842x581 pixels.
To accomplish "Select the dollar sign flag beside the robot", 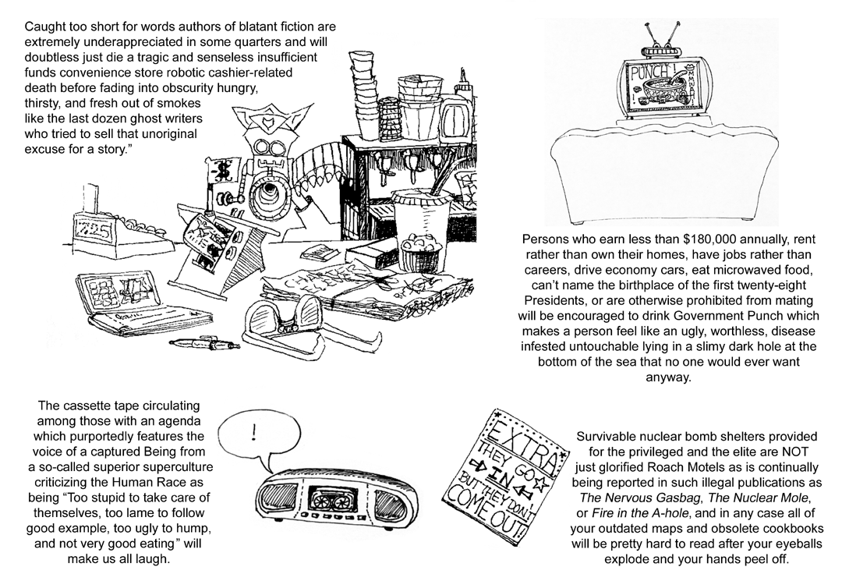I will point(223,168).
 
